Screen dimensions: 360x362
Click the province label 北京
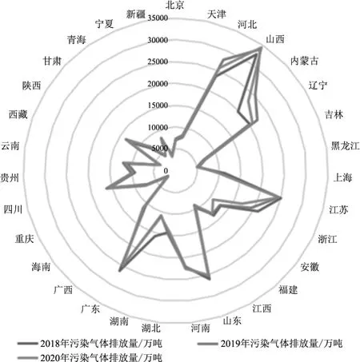point(174,6)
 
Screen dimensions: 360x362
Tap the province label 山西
point(275,39)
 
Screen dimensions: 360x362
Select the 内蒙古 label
point(305,61)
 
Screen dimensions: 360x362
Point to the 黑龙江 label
point(346,145)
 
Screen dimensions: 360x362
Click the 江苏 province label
point(338,209)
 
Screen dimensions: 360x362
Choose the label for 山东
point(232,320)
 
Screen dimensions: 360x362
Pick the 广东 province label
point(90,309)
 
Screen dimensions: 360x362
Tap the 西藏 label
point(18,114)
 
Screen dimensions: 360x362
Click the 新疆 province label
point(136,14)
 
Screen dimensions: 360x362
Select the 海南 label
point(41,266)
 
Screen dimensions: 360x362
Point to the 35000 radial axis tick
point(158,18)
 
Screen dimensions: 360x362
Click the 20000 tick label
point(158,84)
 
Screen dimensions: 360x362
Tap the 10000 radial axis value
point(158,127)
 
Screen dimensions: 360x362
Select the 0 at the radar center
point(166,170)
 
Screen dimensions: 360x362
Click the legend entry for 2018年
point(90,344)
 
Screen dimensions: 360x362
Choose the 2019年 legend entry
point(270,344)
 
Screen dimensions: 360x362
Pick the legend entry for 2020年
point(90,357)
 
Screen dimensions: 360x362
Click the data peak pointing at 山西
point(261,48)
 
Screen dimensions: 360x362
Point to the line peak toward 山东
point(210,279)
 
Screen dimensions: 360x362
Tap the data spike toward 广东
point(119,271)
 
